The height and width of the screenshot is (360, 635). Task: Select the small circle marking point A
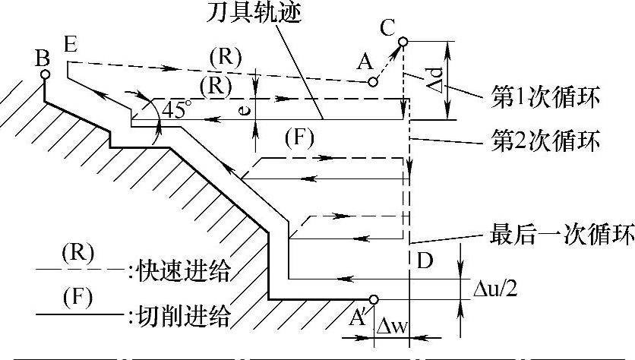pyautogui.click(x=371, y=81)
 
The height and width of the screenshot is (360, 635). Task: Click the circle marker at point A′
pyautogui.click(x=373, y=298)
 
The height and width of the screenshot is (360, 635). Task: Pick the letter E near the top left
pyautogui.click(x=71, y=44)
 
